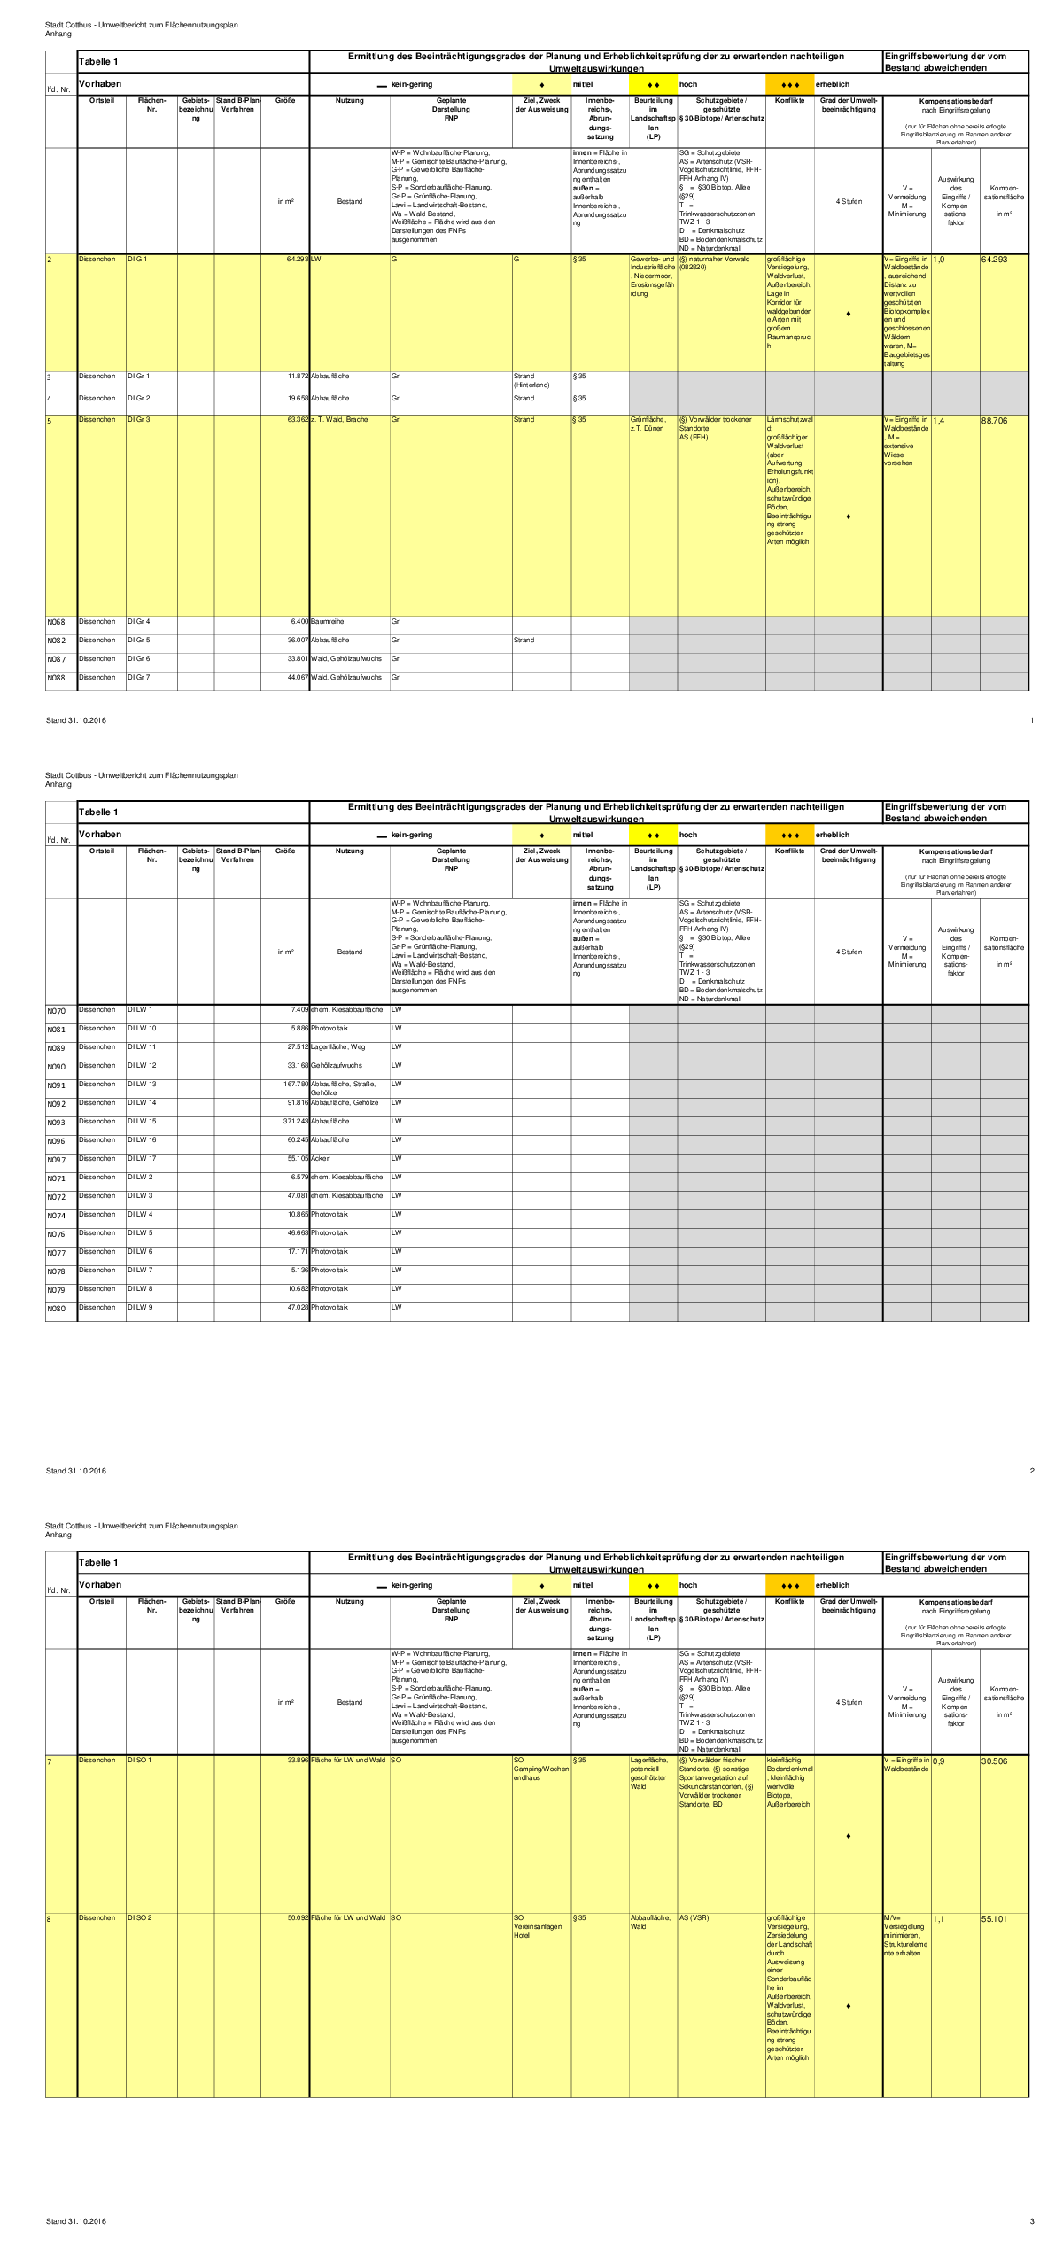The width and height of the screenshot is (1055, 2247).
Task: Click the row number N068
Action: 56,622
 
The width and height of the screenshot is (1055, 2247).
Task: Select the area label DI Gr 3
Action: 138,419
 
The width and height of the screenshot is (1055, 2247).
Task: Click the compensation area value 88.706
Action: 995,421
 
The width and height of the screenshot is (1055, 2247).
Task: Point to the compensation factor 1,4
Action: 939,421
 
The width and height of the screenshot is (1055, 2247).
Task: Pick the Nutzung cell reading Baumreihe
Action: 328,622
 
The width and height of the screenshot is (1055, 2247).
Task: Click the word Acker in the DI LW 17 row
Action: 320,1159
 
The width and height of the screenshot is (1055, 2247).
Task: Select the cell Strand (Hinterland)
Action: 531,380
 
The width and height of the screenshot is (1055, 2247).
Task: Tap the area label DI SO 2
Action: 139,1918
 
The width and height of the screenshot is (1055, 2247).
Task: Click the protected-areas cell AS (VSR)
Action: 694,1918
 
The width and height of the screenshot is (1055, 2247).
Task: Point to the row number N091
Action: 56,1085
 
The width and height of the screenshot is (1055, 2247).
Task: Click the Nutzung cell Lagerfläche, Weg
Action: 337,1047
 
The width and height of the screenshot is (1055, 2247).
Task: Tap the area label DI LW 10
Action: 142,1029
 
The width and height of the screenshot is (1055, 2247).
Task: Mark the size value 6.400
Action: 299,622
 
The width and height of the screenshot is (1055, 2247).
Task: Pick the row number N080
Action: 56,1309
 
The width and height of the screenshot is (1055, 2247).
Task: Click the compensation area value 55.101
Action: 994,1919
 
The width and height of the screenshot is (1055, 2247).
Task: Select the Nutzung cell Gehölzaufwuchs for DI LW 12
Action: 336,1066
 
